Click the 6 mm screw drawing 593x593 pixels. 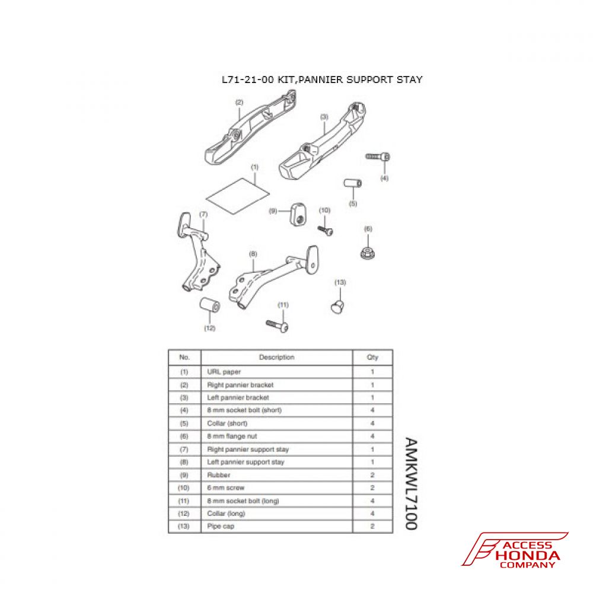point(326,229)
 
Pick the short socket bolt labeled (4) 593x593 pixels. point(378,157)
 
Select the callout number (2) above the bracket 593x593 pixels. point(239,102)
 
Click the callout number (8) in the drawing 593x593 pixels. point(253,254)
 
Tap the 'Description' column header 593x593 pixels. point(276,358)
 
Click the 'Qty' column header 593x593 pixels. point(372,358)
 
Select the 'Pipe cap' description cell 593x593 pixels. point(221,526)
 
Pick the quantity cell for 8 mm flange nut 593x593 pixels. point(372,436)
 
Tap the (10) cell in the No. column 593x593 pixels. point(184,487)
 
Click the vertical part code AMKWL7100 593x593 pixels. point(412,484)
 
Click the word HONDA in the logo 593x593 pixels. point(529,556)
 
